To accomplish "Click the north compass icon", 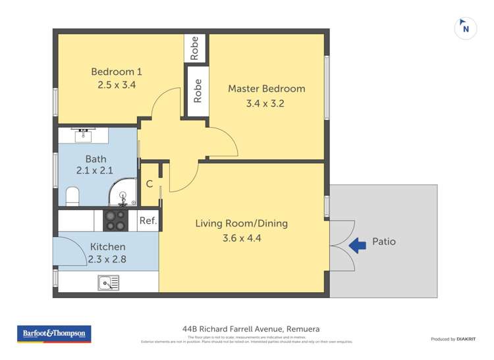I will point(466,28).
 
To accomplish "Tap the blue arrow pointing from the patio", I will point(357,245).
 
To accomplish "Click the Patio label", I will point(384,242).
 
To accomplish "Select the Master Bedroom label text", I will point(266,89).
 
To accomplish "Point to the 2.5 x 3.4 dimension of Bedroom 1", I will point(117,85).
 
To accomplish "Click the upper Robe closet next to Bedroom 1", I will point(194,49).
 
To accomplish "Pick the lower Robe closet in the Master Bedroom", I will point(198,91).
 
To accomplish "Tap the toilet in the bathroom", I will point(73,195).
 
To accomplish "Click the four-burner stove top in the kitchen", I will point(116,220).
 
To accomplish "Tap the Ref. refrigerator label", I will point(148,221).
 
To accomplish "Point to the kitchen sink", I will point(109,283).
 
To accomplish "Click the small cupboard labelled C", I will point(150,184).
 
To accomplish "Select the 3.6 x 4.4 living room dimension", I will point(242,238).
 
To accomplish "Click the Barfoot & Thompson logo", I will point(54,334).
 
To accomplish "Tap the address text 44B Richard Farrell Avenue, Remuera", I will point(251,328).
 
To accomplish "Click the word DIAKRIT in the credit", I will point(466,339).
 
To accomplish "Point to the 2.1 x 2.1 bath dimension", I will point(96,170).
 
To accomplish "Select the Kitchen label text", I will point(107,247).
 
